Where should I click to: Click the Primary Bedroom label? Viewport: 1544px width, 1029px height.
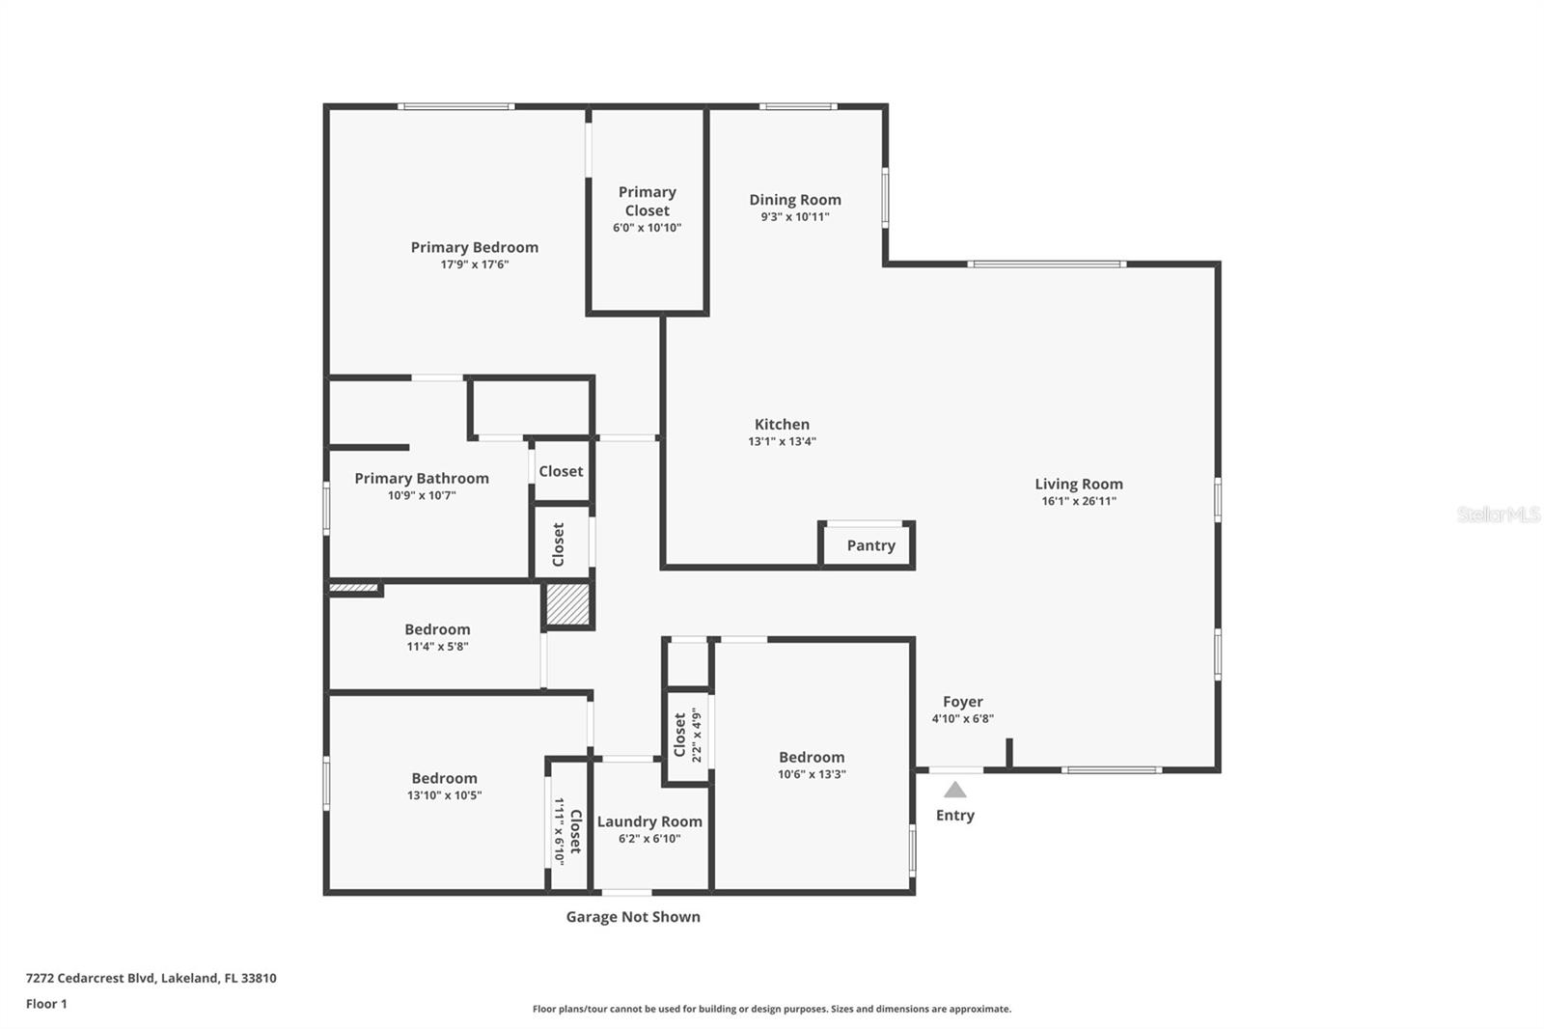[x=474, y=247]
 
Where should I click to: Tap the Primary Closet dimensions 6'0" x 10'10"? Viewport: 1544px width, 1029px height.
[x=647, y=228]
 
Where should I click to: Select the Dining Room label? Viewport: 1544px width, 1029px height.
[x=795, y=200]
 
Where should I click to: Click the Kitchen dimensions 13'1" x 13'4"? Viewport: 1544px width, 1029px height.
[x=782, y=441]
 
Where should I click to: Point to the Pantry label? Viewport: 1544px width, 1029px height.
[x=870, y=545]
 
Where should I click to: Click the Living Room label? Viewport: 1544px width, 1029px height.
[x=1078, y=484]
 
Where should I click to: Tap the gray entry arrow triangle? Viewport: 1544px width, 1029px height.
[x=954, y=791]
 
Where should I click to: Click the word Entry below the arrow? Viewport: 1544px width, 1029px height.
[x=954, y=816]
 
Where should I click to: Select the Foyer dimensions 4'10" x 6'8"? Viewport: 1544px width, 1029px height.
[x=962, y=718]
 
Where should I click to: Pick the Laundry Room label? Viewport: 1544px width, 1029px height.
[x=649, y=821]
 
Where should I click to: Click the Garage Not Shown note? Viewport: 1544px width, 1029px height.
[x=633, y=917]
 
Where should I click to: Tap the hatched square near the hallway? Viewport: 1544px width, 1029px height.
[x=567, y=605]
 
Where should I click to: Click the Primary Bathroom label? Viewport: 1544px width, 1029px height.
[x=422, y=478]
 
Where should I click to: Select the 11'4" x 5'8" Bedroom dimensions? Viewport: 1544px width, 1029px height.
[x=437, y=647]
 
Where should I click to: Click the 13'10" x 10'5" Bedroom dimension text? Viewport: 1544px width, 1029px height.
[x=444, y=795]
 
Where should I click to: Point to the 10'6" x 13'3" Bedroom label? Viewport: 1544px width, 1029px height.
[x=812, y=758]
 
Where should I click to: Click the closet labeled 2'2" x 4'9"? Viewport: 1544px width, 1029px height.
[x=686, y=735]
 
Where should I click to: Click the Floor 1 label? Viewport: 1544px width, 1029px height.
[x=46, y=1004]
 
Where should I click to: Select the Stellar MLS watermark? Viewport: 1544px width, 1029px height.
[x=1498, y=514]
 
